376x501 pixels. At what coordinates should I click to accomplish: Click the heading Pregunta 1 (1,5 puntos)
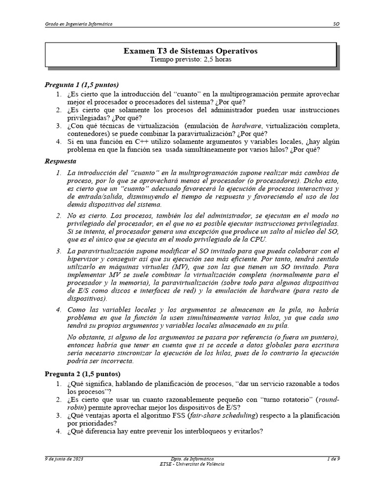click(82, 85)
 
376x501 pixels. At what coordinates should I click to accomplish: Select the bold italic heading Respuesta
click(61, 160)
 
